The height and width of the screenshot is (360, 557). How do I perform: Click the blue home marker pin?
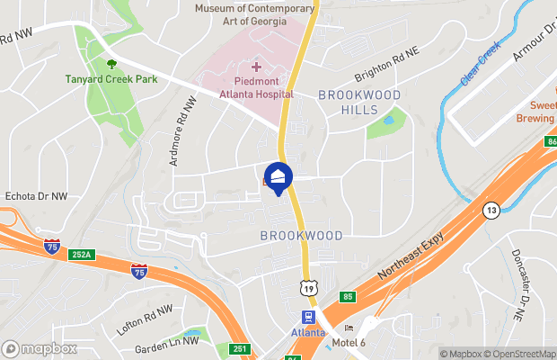point(278,176)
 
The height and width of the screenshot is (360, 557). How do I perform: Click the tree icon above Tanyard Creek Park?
point(112,64)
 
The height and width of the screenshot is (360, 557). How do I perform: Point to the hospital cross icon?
point(256,67)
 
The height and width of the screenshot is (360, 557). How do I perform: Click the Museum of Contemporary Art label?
point(255,15)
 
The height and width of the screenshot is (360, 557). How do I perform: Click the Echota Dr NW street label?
point(37,195)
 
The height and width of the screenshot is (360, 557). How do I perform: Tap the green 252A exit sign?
point(80,255)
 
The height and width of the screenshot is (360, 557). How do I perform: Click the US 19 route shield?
point(308,287)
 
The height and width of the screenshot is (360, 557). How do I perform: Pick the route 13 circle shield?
point(491,211)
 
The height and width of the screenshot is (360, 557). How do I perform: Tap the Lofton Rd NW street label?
point(145,320)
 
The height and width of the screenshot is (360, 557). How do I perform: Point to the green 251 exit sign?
point(239,348)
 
